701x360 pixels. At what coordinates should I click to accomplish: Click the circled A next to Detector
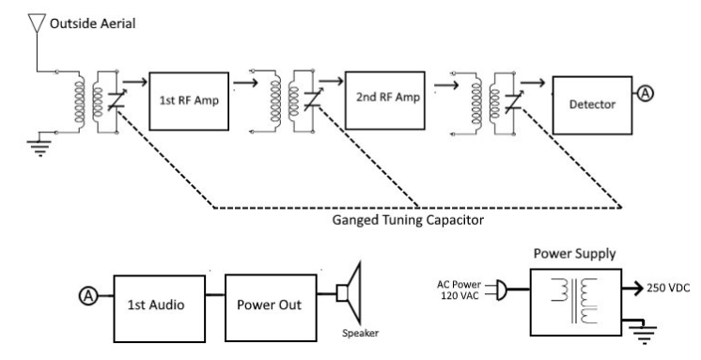coord(645,94)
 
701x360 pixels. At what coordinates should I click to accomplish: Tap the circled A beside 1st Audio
coord(88,295)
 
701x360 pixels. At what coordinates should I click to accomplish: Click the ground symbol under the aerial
coord(40,149)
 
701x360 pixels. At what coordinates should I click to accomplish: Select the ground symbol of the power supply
coord(644,335)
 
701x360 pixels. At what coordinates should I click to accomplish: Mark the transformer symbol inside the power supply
coord(574,301)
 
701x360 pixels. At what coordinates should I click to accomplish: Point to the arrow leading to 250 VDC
coord(632,289)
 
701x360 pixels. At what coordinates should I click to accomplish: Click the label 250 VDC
coord(668,288)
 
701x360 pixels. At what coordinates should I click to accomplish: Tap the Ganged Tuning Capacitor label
coord(408,220)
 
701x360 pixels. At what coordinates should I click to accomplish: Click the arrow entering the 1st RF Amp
coord(134,82)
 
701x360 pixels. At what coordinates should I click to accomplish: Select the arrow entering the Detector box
coord(533,83)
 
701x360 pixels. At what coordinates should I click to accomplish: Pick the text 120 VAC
coord(460,295)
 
